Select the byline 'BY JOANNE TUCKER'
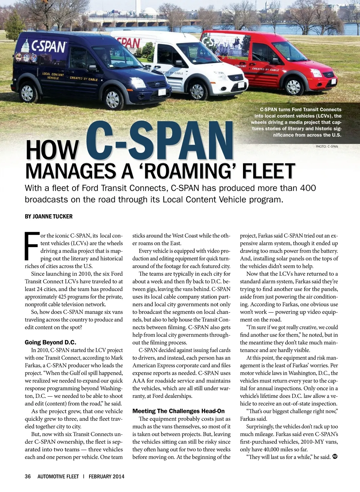pos(49,216)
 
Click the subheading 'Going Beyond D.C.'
pos(50,342)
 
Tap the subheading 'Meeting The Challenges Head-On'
pos(178,411)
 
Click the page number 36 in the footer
pos(28,476)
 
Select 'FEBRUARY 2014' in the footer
pos(106,476)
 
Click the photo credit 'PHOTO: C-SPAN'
pos(327,147)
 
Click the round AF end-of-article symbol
pos(335,457)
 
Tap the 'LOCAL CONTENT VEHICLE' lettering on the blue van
pos(53,76)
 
